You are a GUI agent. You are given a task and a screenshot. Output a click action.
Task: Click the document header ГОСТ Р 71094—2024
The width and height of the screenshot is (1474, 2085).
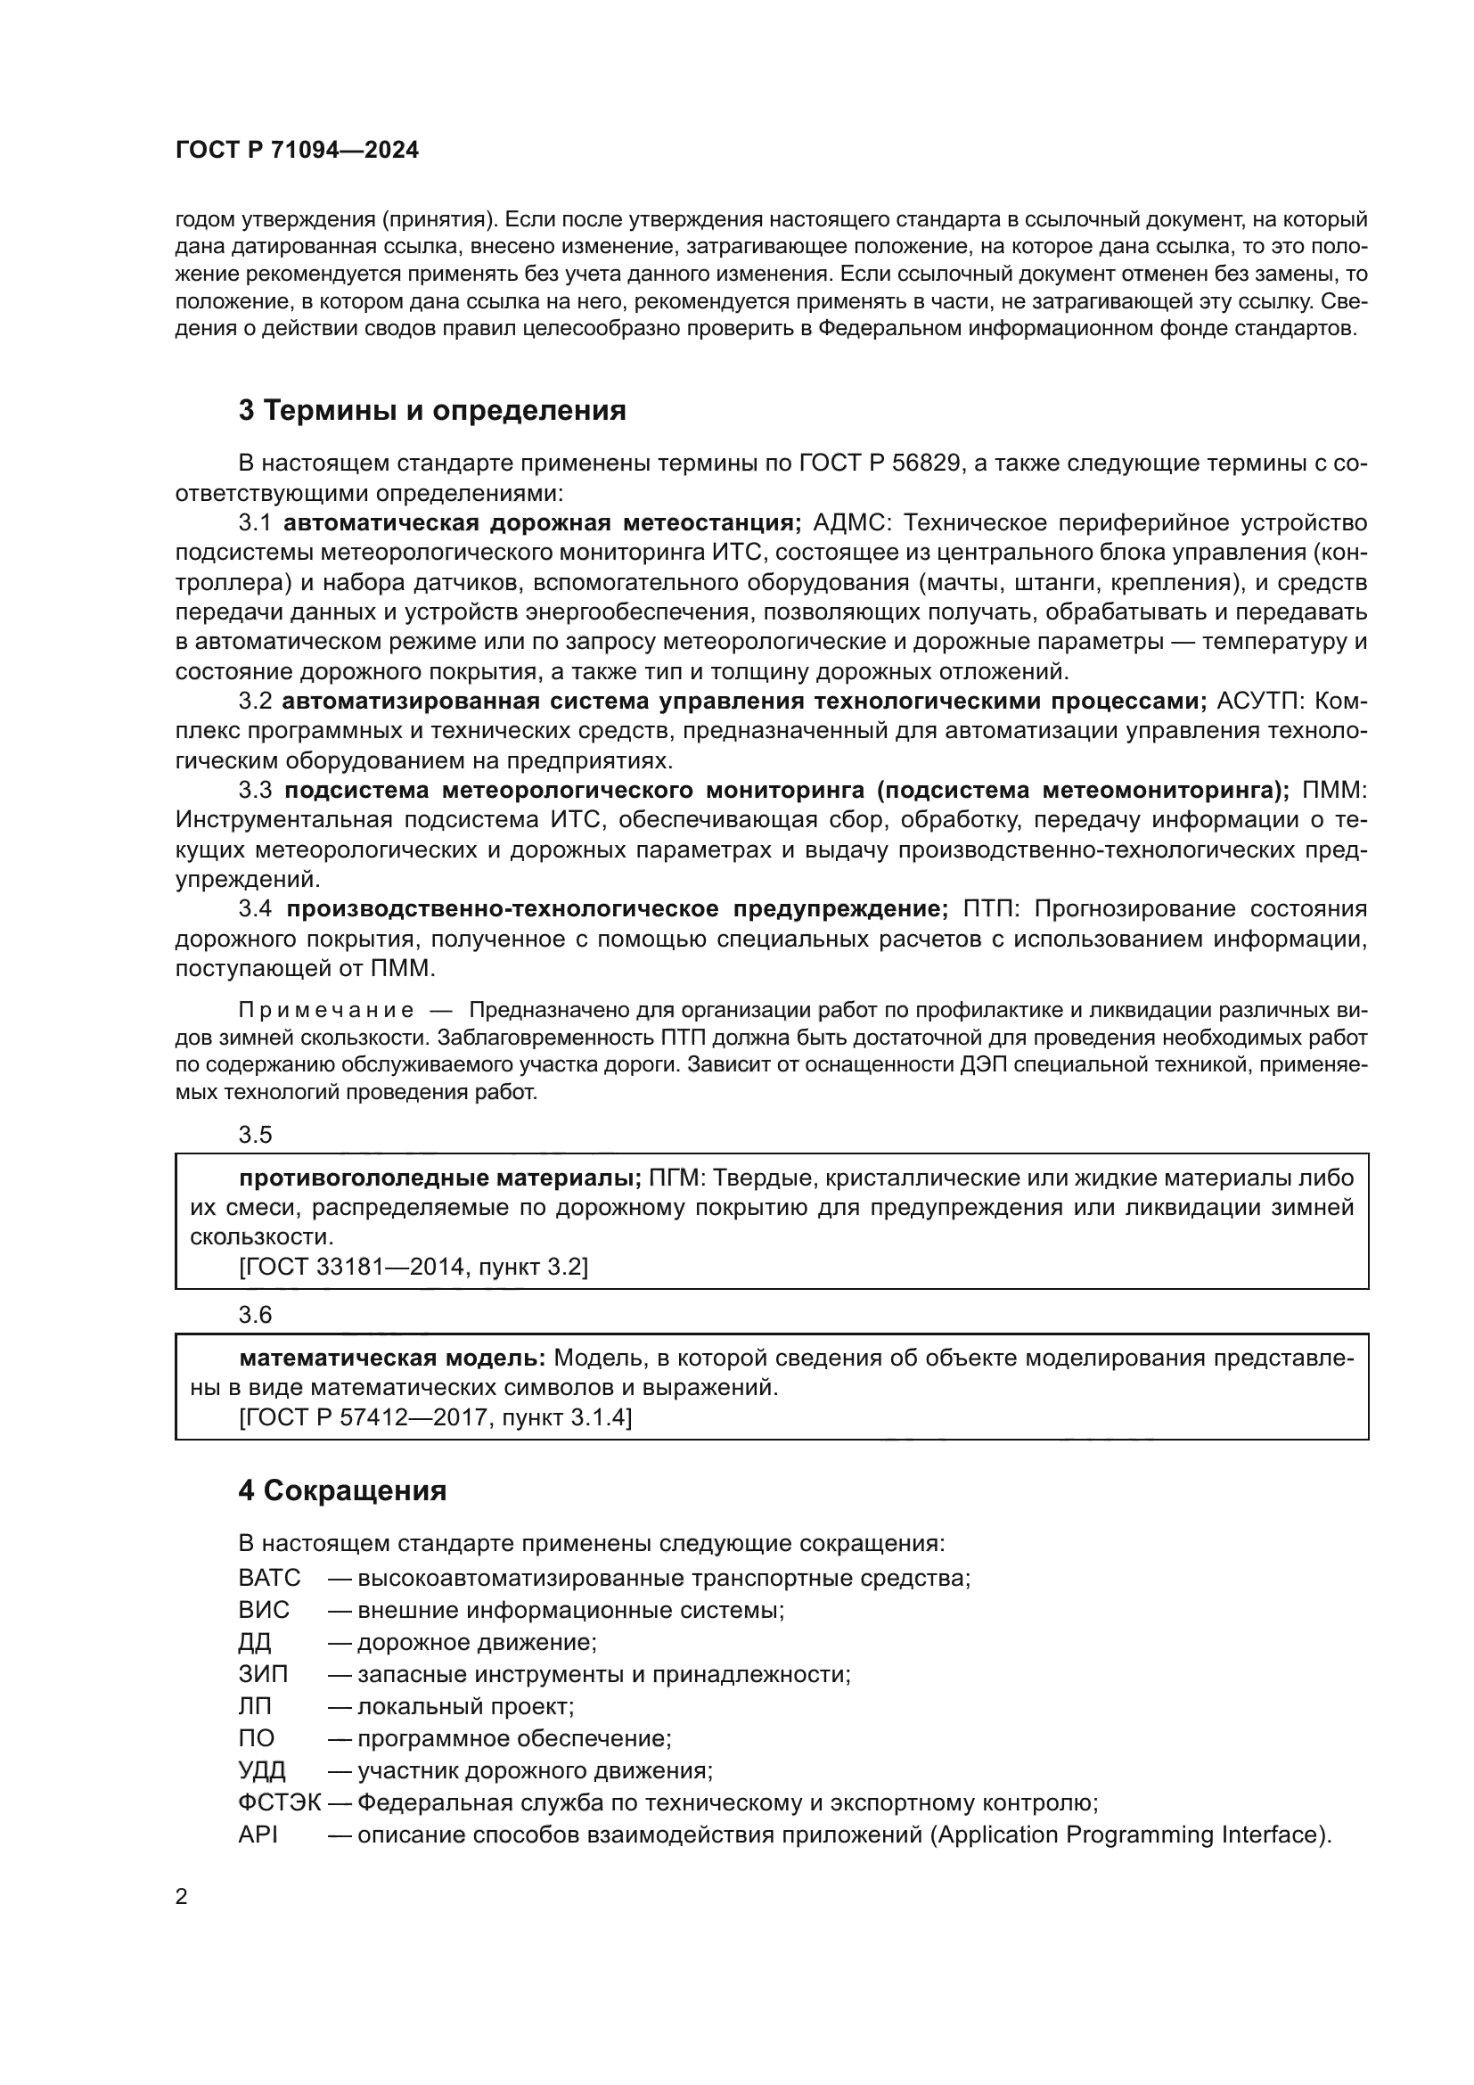pos(297,151)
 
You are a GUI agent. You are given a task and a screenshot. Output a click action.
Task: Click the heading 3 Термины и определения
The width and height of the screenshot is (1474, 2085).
pos(432,410)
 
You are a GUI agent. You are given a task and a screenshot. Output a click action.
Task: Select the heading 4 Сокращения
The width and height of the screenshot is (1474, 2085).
pos(342,1491)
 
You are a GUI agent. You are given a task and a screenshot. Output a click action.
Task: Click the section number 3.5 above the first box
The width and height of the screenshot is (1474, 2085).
pos(255,1135)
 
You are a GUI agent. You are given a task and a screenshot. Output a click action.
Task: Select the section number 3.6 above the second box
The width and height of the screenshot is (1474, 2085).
pos(255,1315)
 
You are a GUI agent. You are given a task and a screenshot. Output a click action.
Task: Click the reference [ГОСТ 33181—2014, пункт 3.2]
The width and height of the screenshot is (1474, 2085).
pos(413,1267)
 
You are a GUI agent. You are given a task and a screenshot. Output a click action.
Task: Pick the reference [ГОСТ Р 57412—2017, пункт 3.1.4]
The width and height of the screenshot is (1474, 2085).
pos(435,1417)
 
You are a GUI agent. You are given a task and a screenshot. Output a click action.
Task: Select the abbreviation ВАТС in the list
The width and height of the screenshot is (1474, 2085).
pos(268,1578)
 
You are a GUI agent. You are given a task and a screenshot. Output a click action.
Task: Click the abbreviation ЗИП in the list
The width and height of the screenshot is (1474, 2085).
pos(263,1674)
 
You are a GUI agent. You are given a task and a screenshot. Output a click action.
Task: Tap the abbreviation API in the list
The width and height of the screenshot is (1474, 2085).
pos(258,1835)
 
